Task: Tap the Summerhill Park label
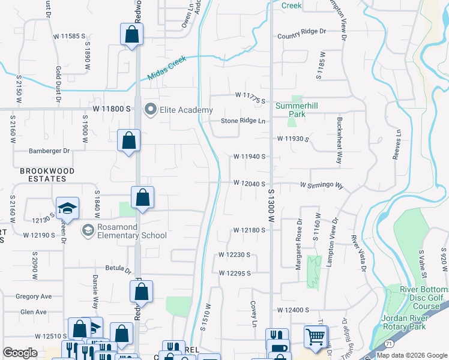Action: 291,110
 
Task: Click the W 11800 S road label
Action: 112,109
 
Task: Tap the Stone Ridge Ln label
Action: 243,121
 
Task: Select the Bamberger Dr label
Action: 50,151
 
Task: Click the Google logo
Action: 20,353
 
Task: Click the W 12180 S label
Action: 250,230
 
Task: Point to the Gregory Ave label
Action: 34,296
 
